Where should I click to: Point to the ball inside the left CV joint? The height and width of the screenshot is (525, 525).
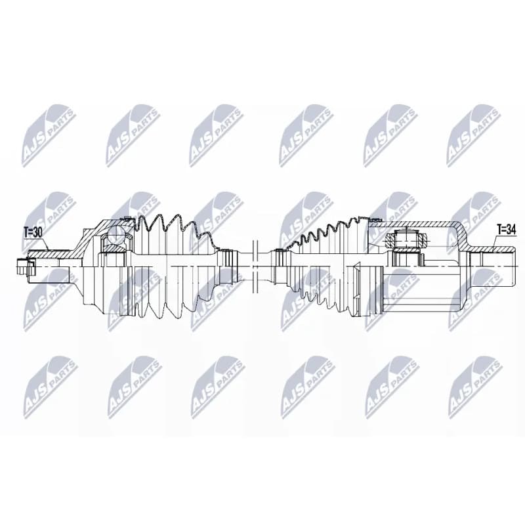117,234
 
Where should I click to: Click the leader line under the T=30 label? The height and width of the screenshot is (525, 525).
37,243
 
